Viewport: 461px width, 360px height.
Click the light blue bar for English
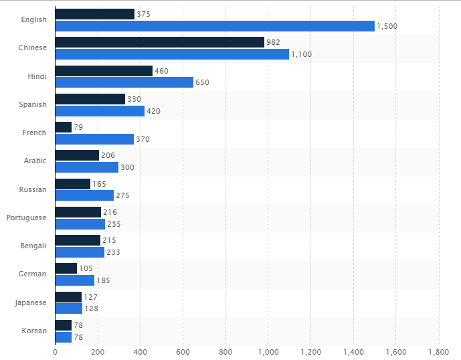(214, 26)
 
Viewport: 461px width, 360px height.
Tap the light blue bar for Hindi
(124, 82)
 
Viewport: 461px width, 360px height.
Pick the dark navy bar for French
(63, 127)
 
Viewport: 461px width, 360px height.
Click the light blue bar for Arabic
(86, 167)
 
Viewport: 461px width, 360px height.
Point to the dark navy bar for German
(66, 268)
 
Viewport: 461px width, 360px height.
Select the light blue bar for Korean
(63, 337)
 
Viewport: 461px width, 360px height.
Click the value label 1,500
(387, 26)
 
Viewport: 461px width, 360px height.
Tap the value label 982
(273, 42)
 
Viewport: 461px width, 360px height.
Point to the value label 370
(143, 139)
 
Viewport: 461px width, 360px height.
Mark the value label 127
(90, 297)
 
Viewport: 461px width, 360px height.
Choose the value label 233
(113, 252)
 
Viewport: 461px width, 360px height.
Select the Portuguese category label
(27, 217)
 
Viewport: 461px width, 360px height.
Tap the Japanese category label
(31, 302)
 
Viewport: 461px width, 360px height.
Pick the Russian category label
(33, 189)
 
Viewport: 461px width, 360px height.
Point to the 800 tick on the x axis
(225, 351)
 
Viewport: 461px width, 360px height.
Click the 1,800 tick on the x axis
(438, 351)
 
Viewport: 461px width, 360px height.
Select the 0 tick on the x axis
(55, 351)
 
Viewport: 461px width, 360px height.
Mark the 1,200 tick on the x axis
(310, 351)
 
